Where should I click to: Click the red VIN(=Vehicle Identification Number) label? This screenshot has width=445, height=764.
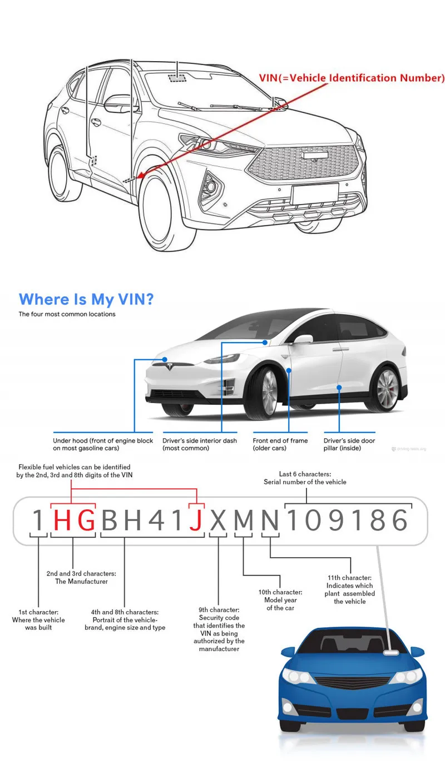(352, 78)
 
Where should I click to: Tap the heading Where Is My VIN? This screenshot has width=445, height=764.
(86, 299)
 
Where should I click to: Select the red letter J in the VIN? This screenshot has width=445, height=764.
(195, 520)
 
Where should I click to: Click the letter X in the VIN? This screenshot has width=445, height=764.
(219, 520)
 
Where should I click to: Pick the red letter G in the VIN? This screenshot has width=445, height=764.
(86, 520)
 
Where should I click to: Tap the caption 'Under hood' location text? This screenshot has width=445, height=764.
(103, 444)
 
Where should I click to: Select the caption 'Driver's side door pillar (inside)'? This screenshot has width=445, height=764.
(349, 444)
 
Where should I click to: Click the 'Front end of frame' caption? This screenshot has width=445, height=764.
(280, 444)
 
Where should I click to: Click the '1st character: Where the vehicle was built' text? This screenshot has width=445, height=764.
(38, 619)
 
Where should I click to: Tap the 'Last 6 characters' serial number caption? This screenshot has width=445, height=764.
(305, 478)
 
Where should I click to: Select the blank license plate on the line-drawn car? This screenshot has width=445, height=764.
(311, 194)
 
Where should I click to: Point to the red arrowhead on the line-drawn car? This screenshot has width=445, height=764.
(140, 176)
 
